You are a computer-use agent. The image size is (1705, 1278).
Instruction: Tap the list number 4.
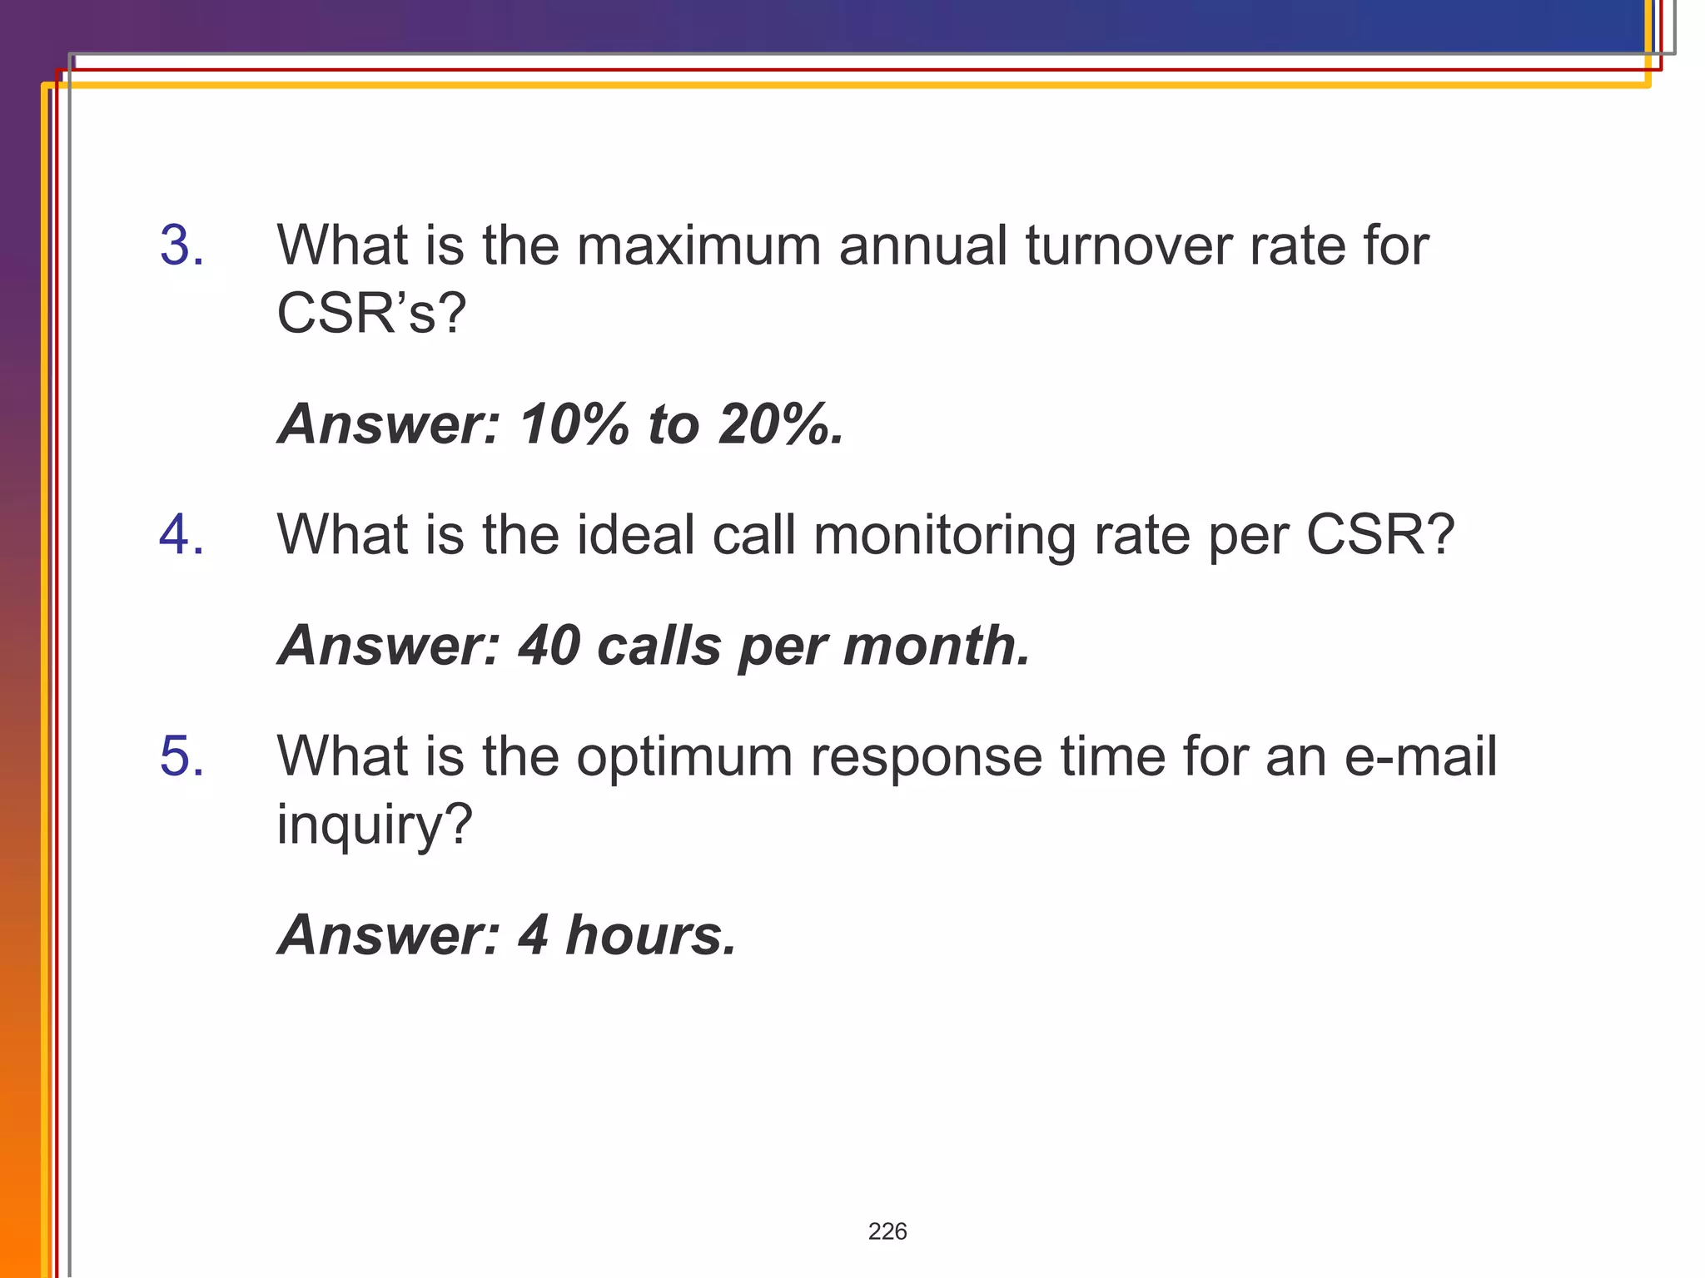coord(181,534)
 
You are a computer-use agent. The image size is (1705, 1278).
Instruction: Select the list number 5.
coord(181,756)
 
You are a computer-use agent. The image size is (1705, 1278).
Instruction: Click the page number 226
coord(887,1231)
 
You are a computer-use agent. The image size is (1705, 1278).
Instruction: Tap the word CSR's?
coord(370,314)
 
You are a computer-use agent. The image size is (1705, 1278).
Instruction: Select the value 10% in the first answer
coord(574,424)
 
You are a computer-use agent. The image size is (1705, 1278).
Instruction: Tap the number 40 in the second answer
coord(549,646)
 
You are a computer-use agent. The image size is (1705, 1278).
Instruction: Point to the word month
coord(937,646)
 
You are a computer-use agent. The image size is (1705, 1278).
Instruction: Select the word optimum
coord(684,756)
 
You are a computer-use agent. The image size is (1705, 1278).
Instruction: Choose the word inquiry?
coord(374,825)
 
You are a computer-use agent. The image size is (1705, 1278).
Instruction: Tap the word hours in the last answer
coord(650,935)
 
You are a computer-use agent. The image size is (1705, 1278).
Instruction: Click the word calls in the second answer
coord(659,646)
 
